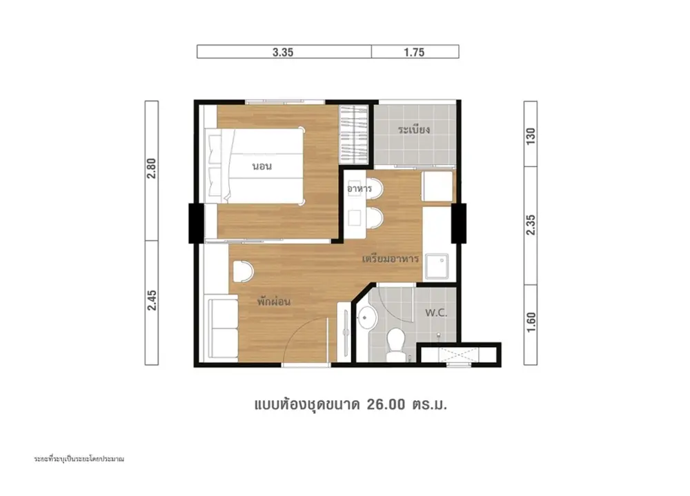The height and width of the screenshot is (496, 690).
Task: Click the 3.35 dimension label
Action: [x=283, y=52]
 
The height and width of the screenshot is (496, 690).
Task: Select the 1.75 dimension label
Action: [x=414, y=52]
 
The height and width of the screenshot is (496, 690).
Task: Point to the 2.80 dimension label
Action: [x=152, y=168]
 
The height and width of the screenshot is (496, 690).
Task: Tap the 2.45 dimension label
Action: [x=152, y=300]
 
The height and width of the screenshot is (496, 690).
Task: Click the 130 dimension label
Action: [x=531, y=136]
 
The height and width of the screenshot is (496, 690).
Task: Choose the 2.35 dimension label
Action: [x=531, y=225]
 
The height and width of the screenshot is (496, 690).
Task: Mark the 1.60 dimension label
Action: [x=531, y=321]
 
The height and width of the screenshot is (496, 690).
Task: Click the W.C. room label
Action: [x=436, y=313]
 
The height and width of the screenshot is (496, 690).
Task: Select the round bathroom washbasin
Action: [x=366, y=317]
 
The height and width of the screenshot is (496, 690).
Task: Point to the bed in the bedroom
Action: [x=255, y=166]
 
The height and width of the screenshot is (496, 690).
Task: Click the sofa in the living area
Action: [x=223, y=328]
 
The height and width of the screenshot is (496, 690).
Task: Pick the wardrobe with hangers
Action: [x=353, y=135]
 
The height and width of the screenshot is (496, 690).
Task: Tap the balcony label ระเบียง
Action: [x=413, y=130]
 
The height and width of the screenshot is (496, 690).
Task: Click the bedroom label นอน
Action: [x=262, y=166]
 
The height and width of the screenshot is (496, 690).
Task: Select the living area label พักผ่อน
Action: [x=274, y=301]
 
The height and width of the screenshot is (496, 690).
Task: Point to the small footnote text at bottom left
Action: [x=79, y=459]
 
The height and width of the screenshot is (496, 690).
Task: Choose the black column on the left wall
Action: [x=196, y=223]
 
